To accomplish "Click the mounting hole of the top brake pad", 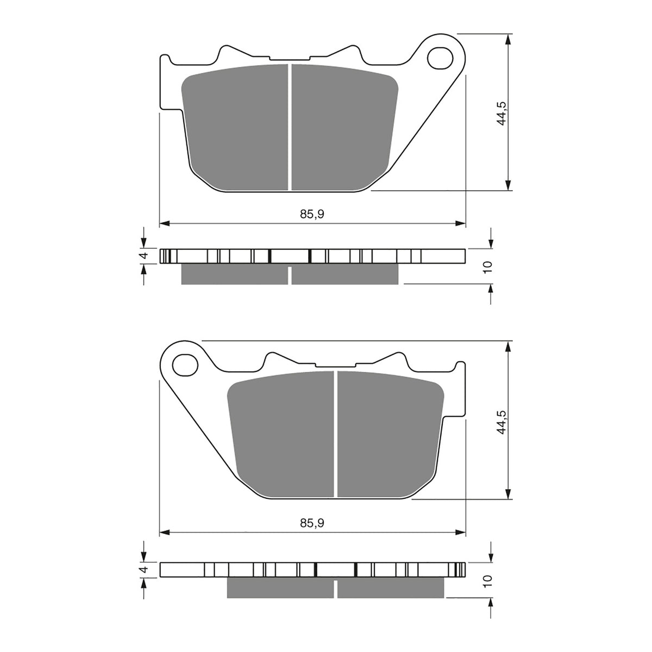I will coord(440,58).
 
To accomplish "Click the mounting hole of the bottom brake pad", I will coord(185,364).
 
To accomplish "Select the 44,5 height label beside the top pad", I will coord(503,112).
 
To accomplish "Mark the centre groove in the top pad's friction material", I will coord(290,128).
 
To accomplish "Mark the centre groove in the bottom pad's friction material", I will coord(336,435).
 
